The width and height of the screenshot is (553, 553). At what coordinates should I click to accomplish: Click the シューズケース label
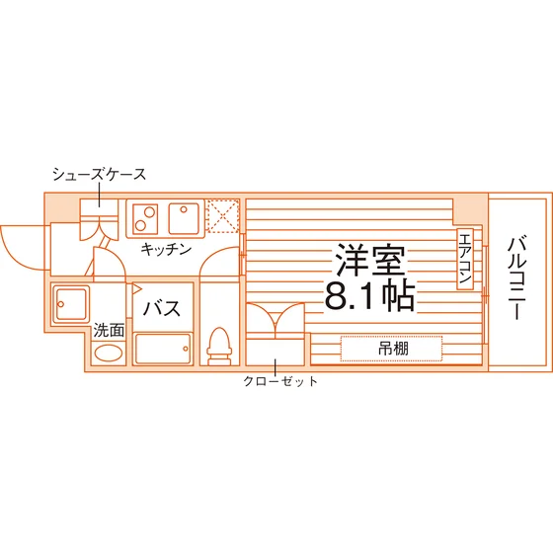tap(99, 174)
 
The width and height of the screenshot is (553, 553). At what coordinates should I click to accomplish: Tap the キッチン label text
tap(166, 249)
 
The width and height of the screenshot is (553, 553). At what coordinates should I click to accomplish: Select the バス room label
tap(162, 308)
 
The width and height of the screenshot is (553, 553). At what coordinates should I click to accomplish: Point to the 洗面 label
tap(109, 331)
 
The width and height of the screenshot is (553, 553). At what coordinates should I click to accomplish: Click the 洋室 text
tap(370, 260)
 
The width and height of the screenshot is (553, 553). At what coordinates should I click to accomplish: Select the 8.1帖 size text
tap(369, 295)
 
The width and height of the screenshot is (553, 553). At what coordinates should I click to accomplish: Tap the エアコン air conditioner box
tap(465, 259)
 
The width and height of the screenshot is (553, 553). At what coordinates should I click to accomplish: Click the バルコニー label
tap(517, 278)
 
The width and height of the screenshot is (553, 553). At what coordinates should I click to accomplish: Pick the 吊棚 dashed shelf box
tap(391, 349)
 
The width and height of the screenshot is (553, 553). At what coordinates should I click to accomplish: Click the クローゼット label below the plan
tap(280, 381)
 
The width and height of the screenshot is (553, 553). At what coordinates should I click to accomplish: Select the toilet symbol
tap(219, 347)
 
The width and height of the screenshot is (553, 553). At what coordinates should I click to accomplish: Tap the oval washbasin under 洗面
tap(109, 354)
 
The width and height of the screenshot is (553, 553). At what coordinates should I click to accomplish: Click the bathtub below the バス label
tap(163, 349)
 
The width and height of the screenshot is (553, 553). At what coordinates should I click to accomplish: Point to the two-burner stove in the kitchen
tap(145, 219)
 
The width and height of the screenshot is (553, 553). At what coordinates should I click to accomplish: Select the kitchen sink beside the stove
tap(184, 218)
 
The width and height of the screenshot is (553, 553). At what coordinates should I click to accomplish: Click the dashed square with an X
tap(223, 216)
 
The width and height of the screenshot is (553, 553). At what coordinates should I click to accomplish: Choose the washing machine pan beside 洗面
tap(70, 304)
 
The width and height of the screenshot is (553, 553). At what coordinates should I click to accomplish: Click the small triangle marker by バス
tap(137, 288)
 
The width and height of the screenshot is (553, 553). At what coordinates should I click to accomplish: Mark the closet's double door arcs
tap(276, 317)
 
